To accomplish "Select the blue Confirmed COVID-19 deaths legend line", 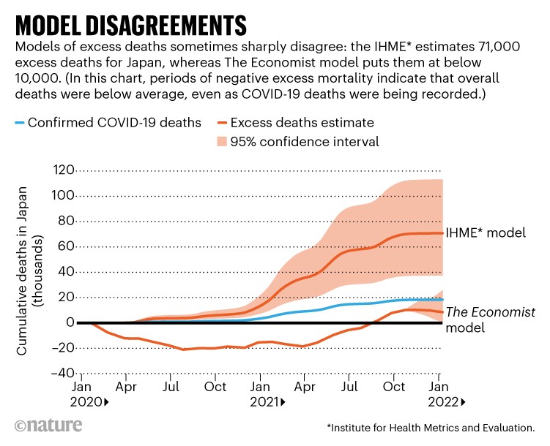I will [21, 122].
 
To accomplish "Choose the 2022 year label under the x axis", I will [445, 402].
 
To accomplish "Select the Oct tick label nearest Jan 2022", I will [394, 386].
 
